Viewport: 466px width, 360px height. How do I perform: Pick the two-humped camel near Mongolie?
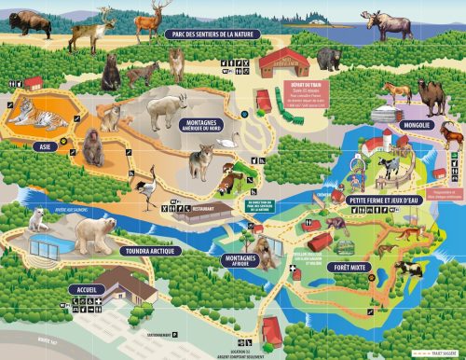(432, 93)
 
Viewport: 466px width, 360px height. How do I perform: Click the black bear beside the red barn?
(328, 60)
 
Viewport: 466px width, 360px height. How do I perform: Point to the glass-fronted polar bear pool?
(52, 247)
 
